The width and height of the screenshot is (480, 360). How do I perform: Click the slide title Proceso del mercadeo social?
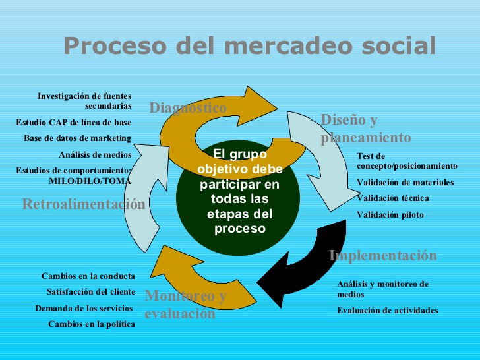pyautogui.click(x=249, y=45)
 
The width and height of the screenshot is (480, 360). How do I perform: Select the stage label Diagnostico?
pyautogui.click(x=188, y=108)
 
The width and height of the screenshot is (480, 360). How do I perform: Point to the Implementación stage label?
pyautogui.click(x=382, y=256)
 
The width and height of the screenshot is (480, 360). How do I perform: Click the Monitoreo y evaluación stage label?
pyautogui.click(x=185, y=305)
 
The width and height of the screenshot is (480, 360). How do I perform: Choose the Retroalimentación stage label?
pyautogui.click(x=84, y=204)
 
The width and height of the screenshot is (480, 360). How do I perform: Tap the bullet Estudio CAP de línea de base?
pyautogui.click(x=74, y=122)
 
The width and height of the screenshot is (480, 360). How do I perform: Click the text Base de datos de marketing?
pyautogui.click(x=78, y=138)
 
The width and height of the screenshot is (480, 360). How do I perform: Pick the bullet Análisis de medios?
pyautogui.click(x=95, y=155)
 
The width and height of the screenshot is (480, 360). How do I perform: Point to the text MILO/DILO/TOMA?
pyautogui.click(x=90, y=180)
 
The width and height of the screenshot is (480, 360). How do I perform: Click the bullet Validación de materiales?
pyautogui.click(x=405, y=183)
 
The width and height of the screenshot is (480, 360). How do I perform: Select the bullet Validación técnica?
pyautogui.click(x=392, y=198)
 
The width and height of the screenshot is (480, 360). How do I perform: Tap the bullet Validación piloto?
pyautogui.click(x=390, y=215)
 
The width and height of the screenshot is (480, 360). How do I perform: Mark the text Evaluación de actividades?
pyautogui.click(x=387, y=311)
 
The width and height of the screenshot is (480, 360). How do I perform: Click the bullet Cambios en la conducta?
pyautogui.click(x=88, y=276)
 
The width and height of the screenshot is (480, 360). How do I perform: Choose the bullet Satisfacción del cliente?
pyautogui.click(x=91, y=292)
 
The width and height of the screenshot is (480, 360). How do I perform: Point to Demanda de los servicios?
pyautogui.click(x=84, y=308)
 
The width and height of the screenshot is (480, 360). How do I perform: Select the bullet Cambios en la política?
pyautogui.click(x=92, y=324)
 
